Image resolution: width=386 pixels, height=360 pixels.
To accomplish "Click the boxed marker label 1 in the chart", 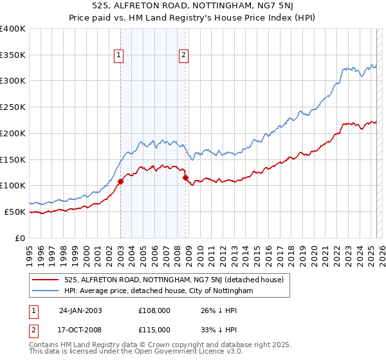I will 120,56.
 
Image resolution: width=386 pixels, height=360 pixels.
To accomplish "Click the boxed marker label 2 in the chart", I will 183,56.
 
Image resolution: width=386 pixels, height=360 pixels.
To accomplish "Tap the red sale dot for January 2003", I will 120,181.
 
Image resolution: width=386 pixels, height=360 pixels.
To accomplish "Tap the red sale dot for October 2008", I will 185,177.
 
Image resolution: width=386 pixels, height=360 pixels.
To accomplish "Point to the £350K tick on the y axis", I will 12,55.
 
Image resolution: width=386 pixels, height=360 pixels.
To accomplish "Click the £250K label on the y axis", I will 12,107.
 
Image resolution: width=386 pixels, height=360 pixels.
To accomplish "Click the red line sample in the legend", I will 46,280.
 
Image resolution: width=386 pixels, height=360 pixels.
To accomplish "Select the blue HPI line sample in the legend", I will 46,291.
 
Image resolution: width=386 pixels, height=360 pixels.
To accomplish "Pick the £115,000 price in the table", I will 154,329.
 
